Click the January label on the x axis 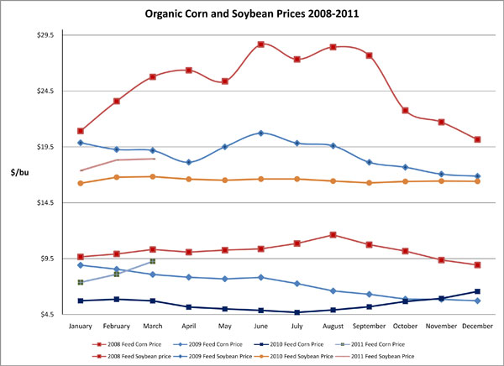pos(80,325)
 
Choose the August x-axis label pos(333,325)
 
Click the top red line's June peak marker pos(261,44)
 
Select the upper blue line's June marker pos(261,133)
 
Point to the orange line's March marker pos(152,176)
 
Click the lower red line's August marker pos(333,235)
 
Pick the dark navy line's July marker pos(297,312)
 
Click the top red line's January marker pos(80,131)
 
